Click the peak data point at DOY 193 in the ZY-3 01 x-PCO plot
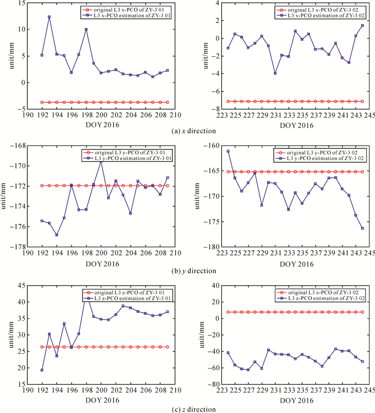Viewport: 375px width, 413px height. point(49,17)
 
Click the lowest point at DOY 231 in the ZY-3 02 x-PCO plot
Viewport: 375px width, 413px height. point(275,73)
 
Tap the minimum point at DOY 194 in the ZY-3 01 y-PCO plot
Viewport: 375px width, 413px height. point(57,235)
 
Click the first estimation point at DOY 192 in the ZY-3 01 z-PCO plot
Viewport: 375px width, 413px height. point(42,370)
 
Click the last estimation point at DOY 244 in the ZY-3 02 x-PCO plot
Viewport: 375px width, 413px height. point(362,26)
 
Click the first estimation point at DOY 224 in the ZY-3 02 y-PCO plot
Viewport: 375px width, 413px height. point(228,151)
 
